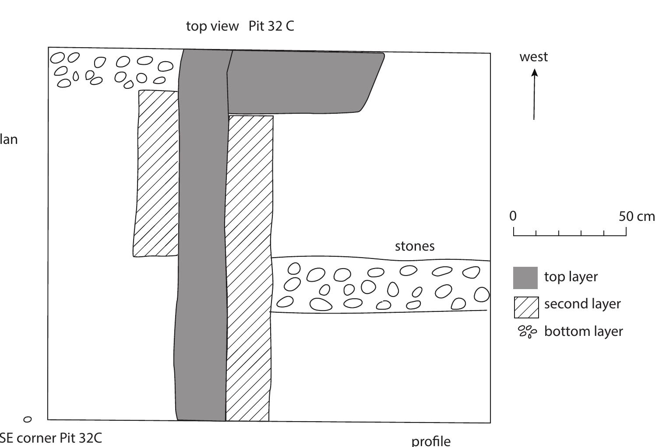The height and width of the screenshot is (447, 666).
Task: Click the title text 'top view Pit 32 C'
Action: coord(240,26)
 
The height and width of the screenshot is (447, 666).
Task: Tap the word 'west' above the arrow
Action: coord(533,57)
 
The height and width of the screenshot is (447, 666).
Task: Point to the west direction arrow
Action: coord(534,94)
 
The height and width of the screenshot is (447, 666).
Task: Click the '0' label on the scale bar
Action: coord(513,216)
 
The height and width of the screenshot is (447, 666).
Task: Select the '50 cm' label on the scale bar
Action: coord(637,216)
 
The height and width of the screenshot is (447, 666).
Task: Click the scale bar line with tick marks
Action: coord(570,234)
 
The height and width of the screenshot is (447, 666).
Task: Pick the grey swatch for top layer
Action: coord(525,278)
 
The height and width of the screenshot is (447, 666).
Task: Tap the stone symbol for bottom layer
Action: coord(527,332)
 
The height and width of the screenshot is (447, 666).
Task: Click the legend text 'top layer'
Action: coord(571,277)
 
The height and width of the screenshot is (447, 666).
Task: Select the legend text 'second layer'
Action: coord(582,304)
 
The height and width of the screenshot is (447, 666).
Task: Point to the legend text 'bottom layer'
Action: coord(583,332)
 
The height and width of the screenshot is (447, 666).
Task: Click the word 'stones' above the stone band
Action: coord(415,246)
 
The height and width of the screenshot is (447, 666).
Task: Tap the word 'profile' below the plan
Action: coord(431,440)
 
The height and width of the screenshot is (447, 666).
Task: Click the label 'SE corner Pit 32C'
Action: coord(51,438)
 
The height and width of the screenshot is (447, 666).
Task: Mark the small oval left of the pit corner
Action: coord(27,419)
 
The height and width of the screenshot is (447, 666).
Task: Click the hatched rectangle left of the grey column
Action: coord(156,173)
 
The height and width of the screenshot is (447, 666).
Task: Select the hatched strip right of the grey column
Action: coord(249,267)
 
